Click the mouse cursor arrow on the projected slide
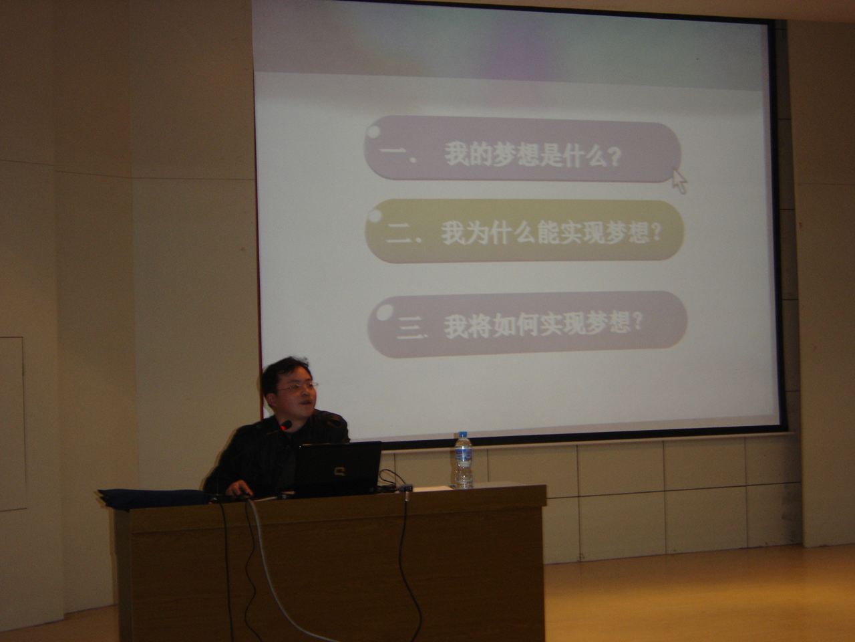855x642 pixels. pos(679,181)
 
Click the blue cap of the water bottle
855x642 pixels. pos(463,434)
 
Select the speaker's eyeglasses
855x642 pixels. pos(298,387)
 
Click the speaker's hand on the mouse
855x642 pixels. pos(238,488)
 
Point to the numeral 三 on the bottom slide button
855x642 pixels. pos(409,328)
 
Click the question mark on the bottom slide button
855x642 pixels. pos(637,322)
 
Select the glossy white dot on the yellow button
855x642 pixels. pos(375,216)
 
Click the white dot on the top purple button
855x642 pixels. pos(373,131)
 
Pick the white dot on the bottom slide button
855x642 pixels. pos(385,312)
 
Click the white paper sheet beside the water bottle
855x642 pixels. pos(432,488)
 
